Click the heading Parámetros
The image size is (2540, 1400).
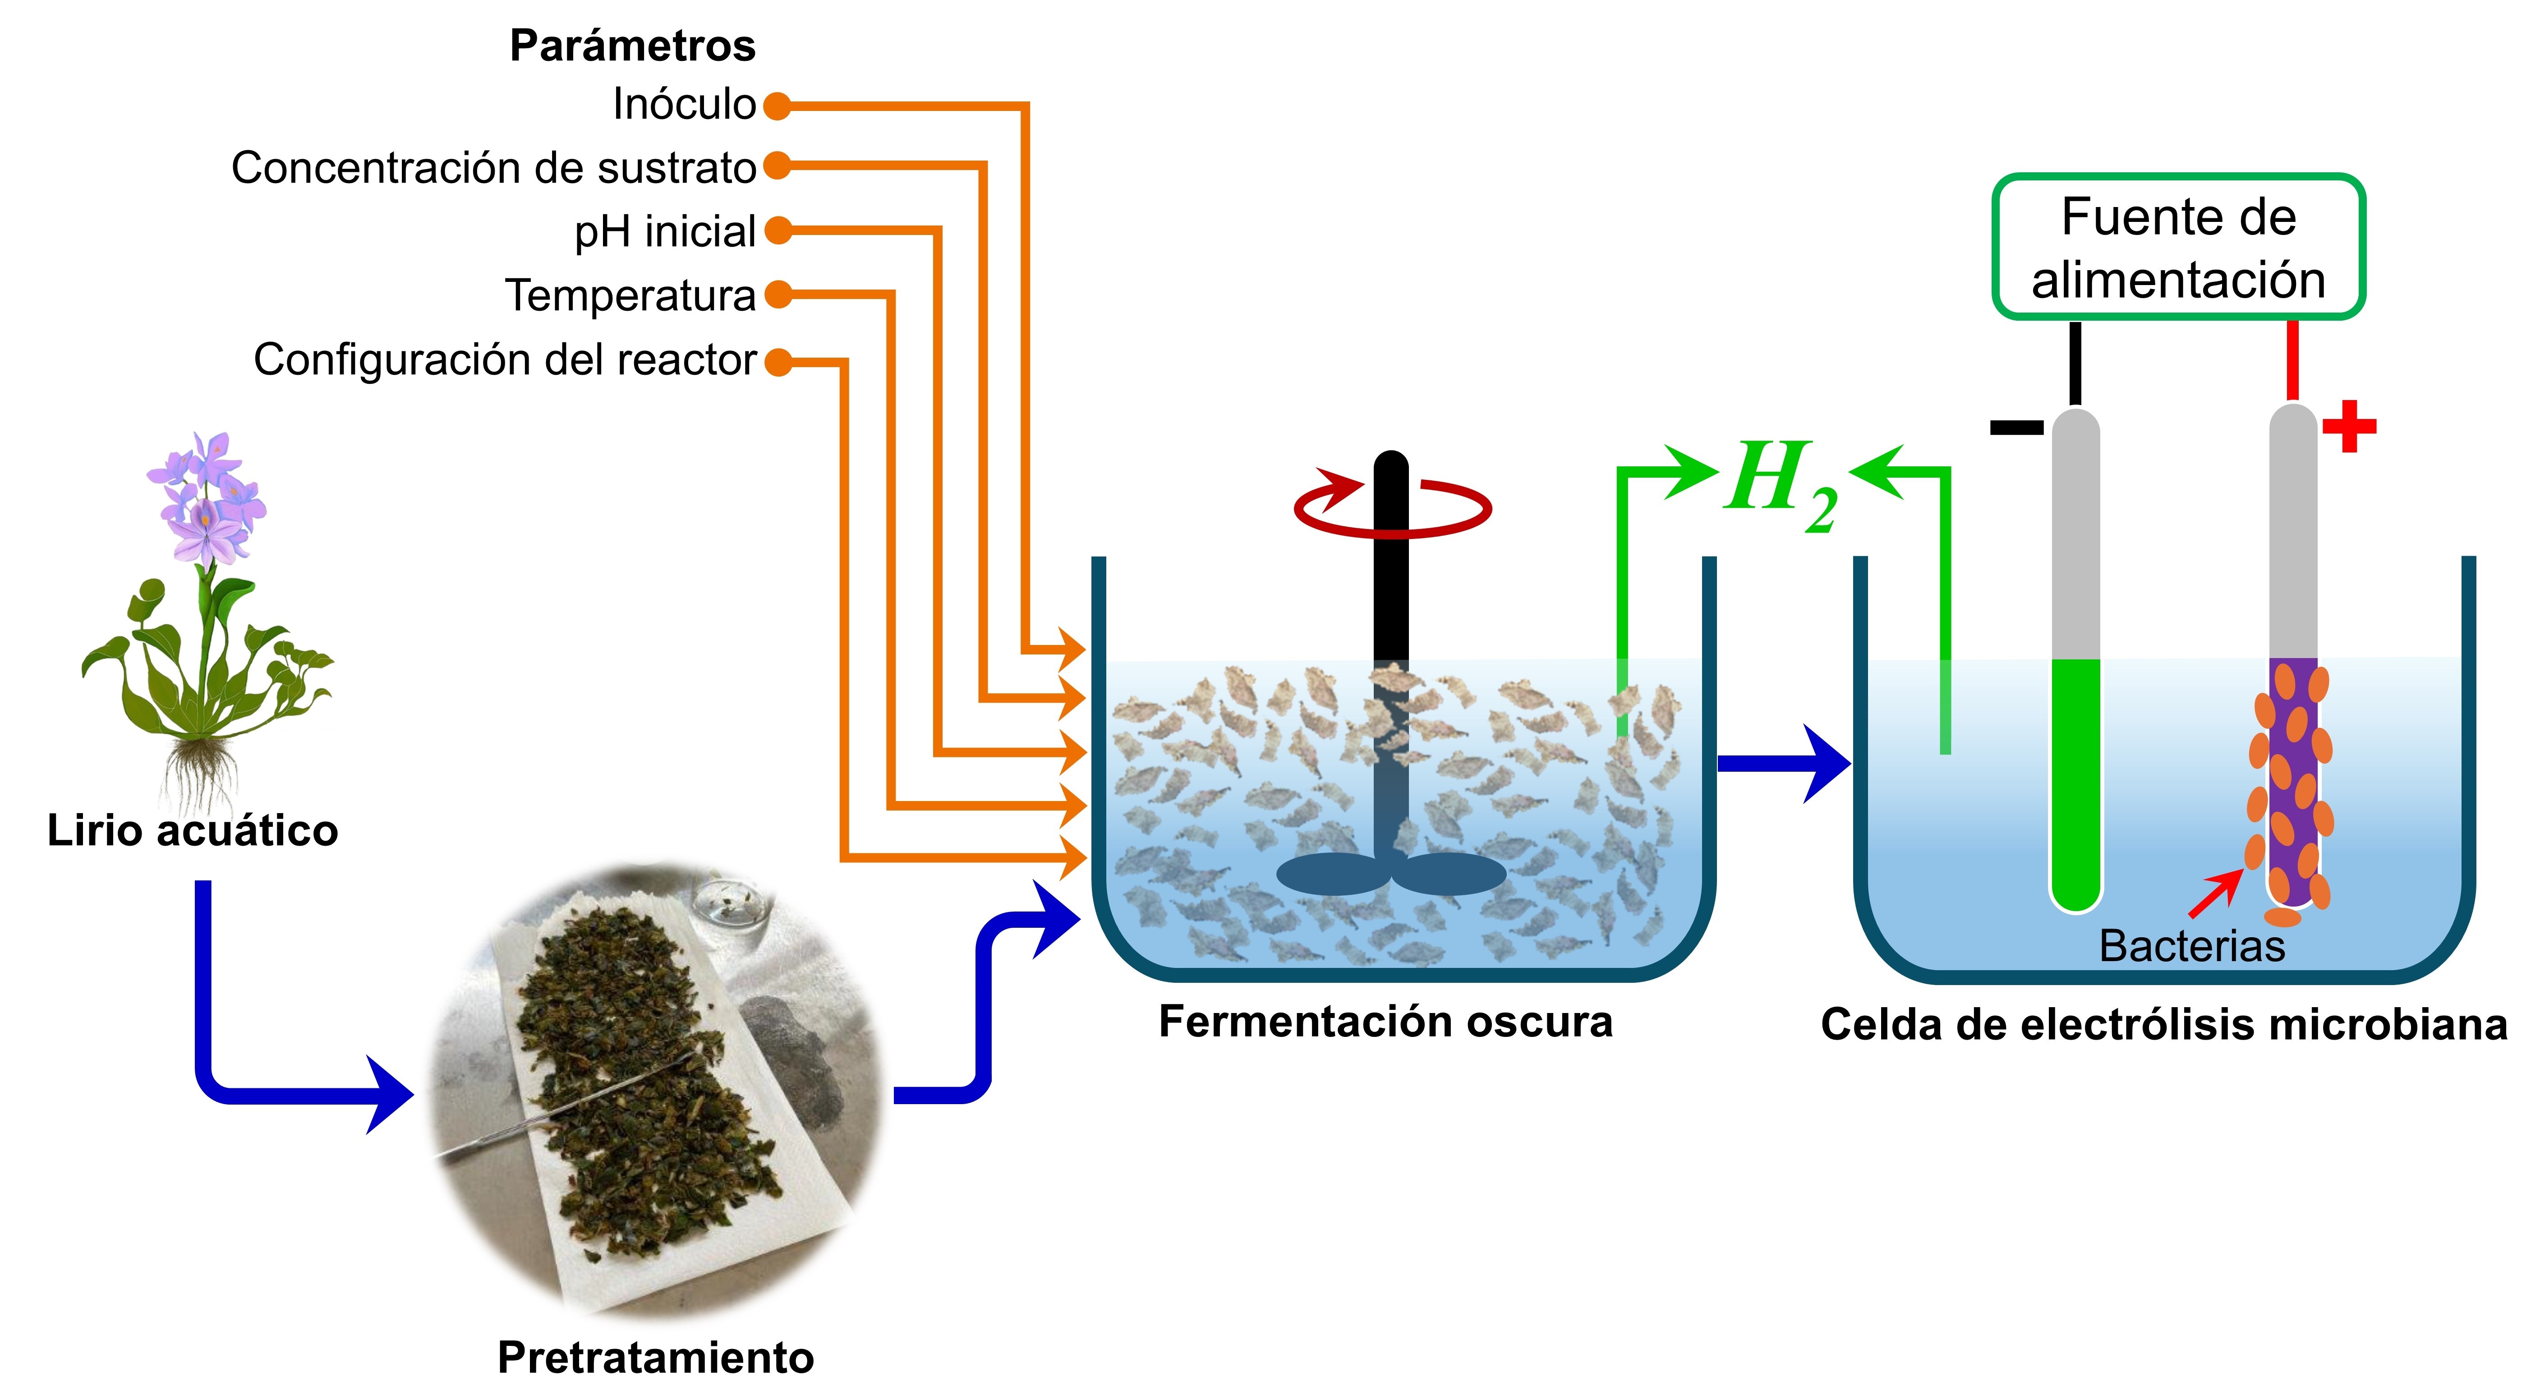[x=632, y=46]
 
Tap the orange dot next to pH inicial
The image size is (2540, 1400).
[x=778, y=231]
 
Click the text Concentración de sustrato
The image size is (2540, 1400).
[x=493, y=168]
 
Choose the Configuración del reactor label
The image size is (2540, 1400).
[x=505, y=360]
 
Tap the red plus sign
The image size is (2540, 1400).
[x=2349, y=426]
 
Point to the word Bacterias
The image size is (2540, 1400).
[x=2191, y=946]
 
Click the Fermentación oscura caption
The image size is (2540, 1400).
[x=1385, y=1022]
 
